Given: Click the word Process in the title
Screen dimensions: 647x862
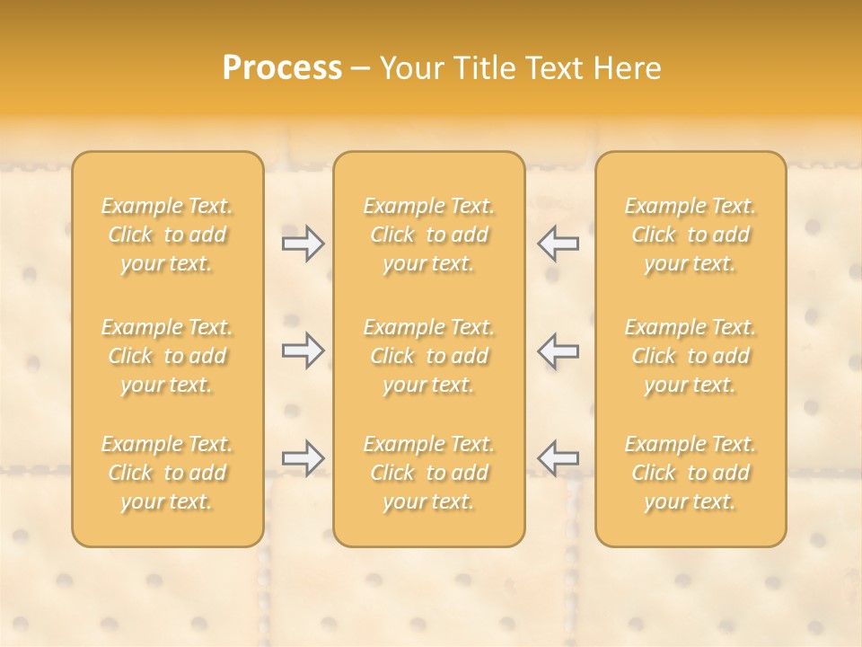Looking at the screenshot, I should coord(282,68).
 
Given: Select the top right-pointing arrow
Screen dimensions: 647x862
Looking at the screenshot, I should coord(303,243).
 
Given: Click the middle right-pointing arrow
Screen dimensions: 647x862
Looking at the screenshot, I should coord(303,350).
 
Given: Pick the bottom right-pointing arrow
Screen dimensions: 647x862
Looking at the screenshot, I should coord(303,458).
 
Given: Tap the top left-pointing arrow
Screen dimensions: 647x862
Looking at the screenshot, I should coord(559,243).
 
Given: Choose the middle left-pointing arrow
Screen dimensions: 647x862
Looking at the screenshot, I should coord(559,350).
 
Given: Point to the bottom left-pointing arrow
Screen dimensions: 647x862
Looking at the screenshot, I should coord(559,458).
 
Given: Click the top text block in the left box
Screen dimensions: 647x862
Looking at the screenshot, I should coord(167,235).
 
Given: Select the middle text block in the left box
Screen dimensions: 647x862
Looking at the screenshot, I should coord(167,356).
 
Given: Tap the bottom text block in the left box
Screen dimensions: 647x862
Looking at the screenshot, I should coord(167,473).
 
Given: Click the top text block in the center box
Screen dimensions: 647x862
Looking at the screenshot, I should coord(429,235).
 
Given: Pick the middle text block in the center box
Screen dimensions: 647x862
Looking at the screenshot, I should coord(429,356).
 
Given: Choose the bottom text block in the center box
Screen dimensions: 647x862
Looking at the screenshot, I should coord(429,473).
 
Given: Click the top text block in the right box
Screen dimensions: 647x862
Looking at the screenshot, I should coord(690,235).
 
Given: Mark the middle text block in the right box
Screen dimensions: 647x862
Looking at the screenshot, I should coord(690,356).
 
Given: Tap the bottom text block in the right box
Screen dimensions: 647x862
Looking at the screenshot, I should coord(690,473).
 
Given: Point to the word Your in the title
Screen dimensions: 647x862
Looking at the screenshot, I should coord(412,68).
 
